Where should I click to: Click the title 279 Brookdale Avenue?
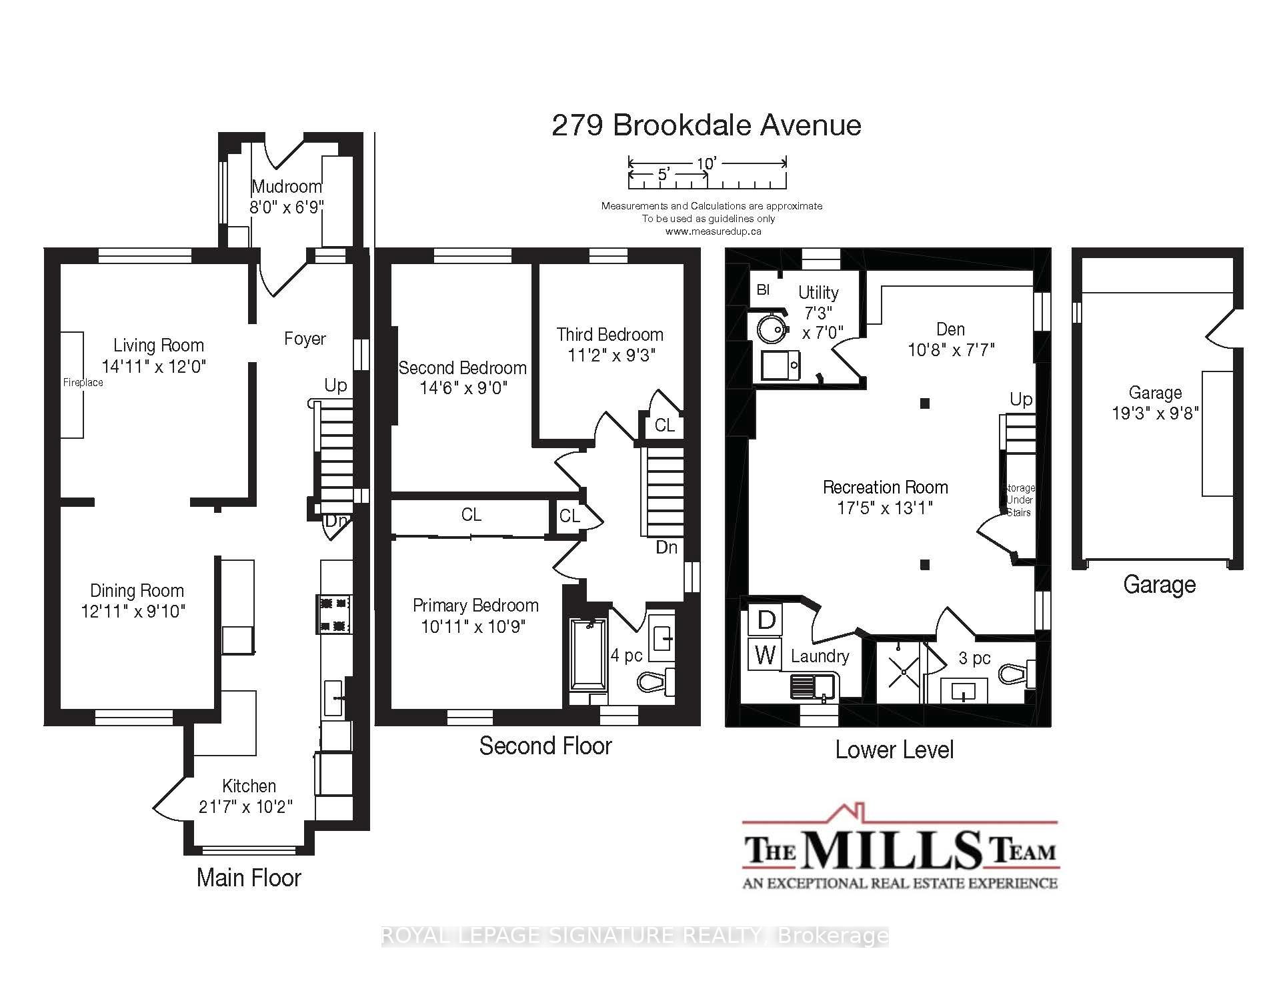(x=706, y=125)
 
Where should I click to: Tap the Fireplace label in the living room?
(x=83, y=382)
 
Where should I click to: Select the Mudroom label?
(x=287, y=186)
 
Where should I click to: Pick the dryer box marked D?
(x=766, y=620)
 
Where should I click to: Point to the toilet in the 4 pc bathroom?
(x=657, y=682)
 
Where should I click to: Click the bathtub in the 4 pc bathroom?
(x=588, y=654)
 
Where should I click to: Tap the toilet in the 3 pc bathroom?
(x=1017, y=674)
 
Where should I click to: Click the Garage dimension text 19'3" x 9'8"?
(x=1155, y=413)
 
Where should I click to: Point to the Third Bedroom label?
(x=610, y=334)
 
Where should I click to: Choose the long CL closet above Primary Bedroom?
(x=471, y=515)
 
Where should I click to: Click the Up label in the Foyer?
(x=335, y=385)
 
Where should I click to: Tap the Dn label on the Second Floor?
(x=666, y=548)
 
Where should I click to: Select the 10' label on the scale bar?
(x=707, y=163)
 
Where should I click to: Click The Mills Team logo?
(x=900, y=848)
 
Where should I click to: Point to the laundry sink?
(x=815, y=686)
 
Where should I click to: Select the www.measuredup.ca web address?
(x=713, y=231)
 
